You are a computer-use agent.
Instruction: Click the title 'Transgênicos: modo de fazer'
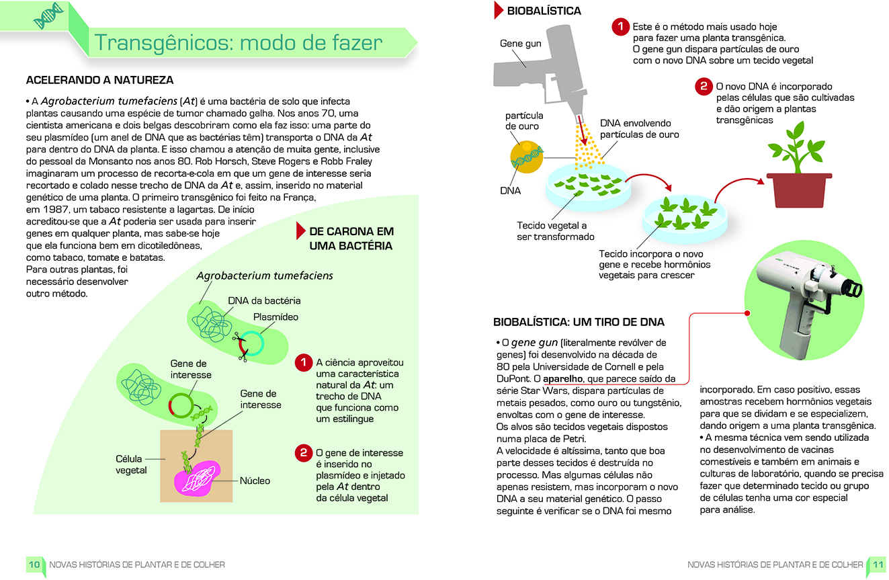239,43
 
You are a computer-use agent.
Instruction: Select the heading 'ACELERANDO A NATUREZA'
99,80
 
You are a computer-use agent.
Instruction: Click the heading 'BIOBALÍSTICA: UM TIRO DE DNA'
579,322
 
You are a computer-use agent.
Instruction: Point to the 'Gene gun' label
520,44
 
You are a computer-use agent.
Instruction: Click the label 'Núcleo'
255,481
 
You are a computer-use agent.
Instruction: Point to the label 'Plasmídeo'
276,317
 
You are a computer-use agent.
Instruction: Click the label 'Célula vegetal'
131,464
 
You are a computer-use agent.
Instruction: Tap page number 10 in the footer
34,565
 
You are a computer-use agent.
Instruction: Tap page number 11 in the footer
876,565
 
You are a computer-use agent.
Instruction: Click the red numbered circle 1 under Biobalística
620,27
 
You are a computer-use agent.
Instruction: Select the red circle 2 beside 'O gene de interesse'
304,453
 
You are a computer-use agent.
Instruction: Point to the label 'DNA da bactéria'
264,300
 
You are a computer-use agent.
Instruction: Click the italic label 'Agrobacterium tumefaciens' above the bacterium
264,276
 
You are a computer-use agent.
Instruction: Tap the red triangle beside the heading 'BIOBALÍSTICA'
499,10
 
